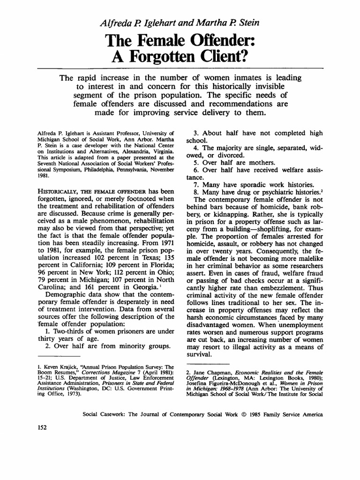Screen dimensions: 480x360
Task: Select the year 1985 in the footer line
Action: point(262,415)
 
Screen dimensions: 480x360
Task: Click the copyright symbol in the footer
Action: point(248,415)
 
